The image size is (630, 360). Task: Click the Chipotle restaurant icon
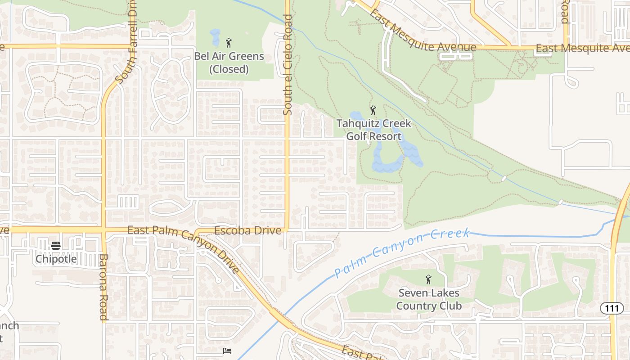tap(56, 246)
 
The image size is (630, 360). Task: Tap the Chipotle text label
tap(56, 259)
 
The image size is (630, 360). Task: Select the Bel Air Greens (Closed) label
tap(229, 63)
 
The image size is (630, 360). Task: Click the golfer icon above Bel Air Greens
tap(229, 43)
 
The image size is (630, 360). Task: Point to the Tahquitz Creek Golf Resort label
tap(373, 130)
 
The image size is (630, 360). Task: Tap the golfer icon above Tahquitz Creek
tap(373, 110)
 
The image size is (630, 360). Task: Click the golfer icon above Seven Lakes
tap(428, 280)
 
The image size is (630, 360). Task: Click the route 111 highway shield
tap(612, 308)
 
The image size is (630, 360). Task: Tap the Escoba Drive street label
tap(248, 231)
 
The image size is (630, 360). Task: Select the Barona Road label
tap(103, 287)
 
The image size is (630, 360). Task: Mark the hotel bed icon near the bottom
tap(227, 351)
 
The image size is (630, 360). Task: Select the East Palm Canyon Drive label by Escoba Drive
tap(184, 250)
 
